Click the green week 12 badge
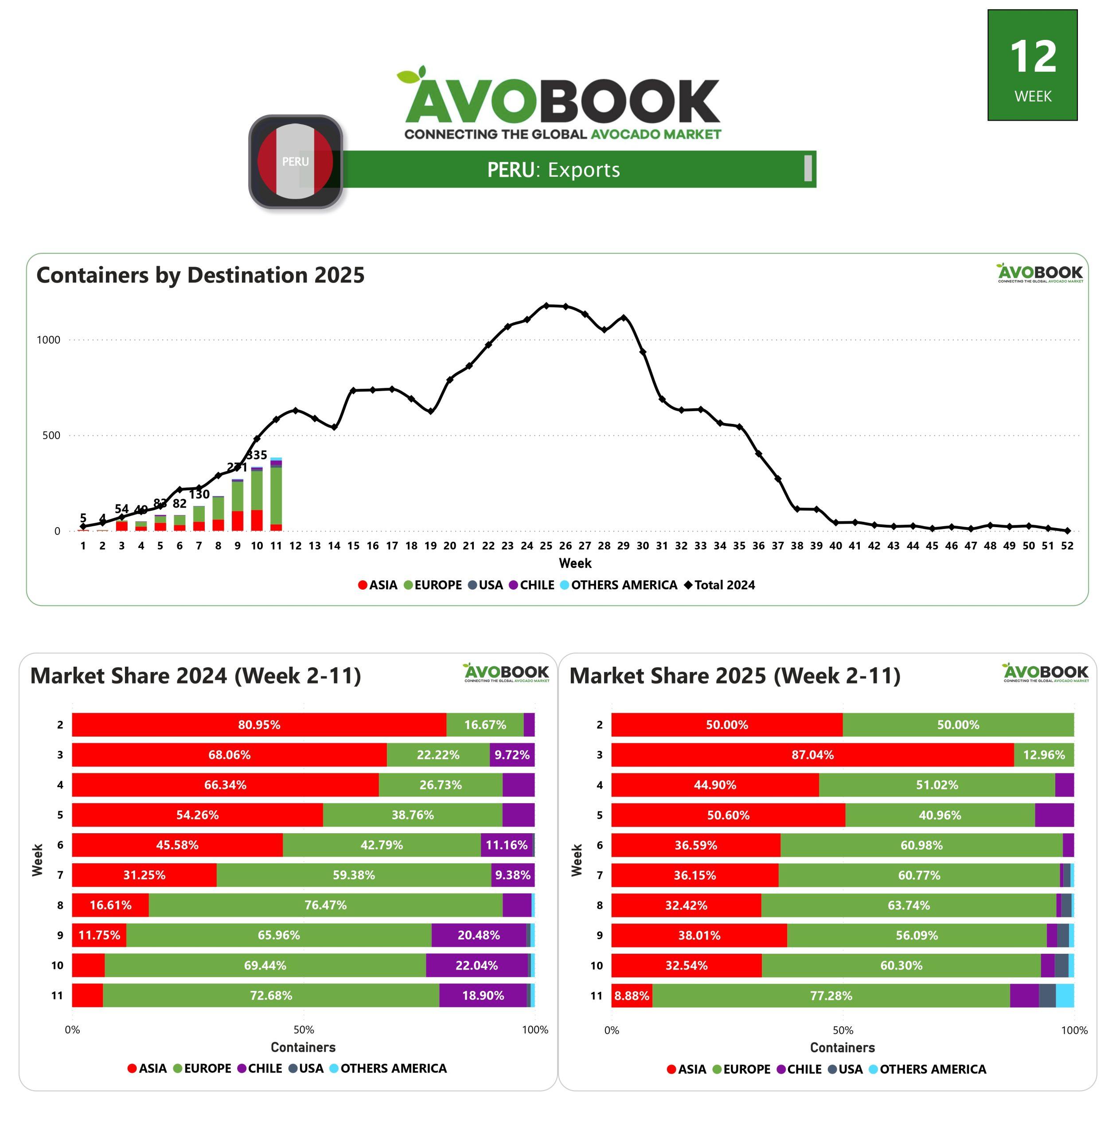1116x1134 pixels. pos(1032,65)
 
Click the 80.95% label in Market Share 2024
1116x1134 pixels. pos(259,725)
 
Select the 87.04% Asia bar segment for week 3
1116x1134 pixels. pos(812,755)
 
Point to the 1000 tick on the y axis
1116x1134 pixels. pos(49,340)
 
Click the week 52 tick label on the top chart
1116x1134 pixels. pos(1067,546)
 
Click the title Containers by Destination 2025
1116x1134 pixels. pos(200,275)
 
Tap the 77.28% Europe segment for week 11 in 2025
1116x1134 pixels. pos(831,996)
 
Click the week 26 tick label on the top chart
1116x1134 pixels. pos(565,546)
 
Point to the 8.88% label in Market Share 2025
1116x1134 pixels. pos(631,996)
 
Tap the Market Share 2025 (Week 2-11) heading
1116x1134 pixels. pos(735,676)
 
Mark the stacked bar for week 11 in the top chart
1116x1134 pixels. pos(276,495)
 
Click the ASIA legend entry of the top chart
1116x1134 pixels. pos(378,585)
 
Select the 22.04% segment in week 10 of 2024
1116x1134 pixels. pos(476,965)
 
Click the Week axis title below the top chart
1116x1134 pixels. pos(575,563)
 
